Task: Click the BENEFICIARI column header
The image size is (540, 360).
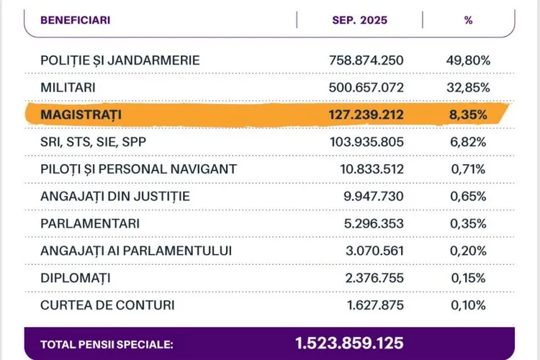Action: click(x=76, y=20)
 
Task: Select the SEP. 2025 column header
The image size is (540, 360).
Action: click(x=359, y=20)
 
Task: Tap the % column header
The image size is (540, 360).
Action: click(x=469, y=20)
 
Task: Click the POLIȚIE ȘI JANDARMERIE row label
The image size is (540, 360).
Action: click(x=120, y=60)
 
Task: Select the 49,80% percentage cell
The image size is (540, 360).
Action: click(x=469, y=60)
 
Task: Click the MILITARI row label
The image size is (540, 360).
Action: click(x=69, y=87)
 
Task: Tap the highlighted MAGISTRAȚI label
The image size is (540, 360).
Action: click(x=81, y=114)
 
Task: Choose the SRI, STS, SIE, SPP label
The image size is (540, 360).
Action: click(x=94, y=142)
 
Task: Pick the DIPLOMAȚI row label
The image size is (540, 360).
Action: click(x=76, y=278)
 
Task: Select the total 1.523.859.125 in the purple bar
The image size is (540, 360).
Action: click(x=349, y=343)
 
